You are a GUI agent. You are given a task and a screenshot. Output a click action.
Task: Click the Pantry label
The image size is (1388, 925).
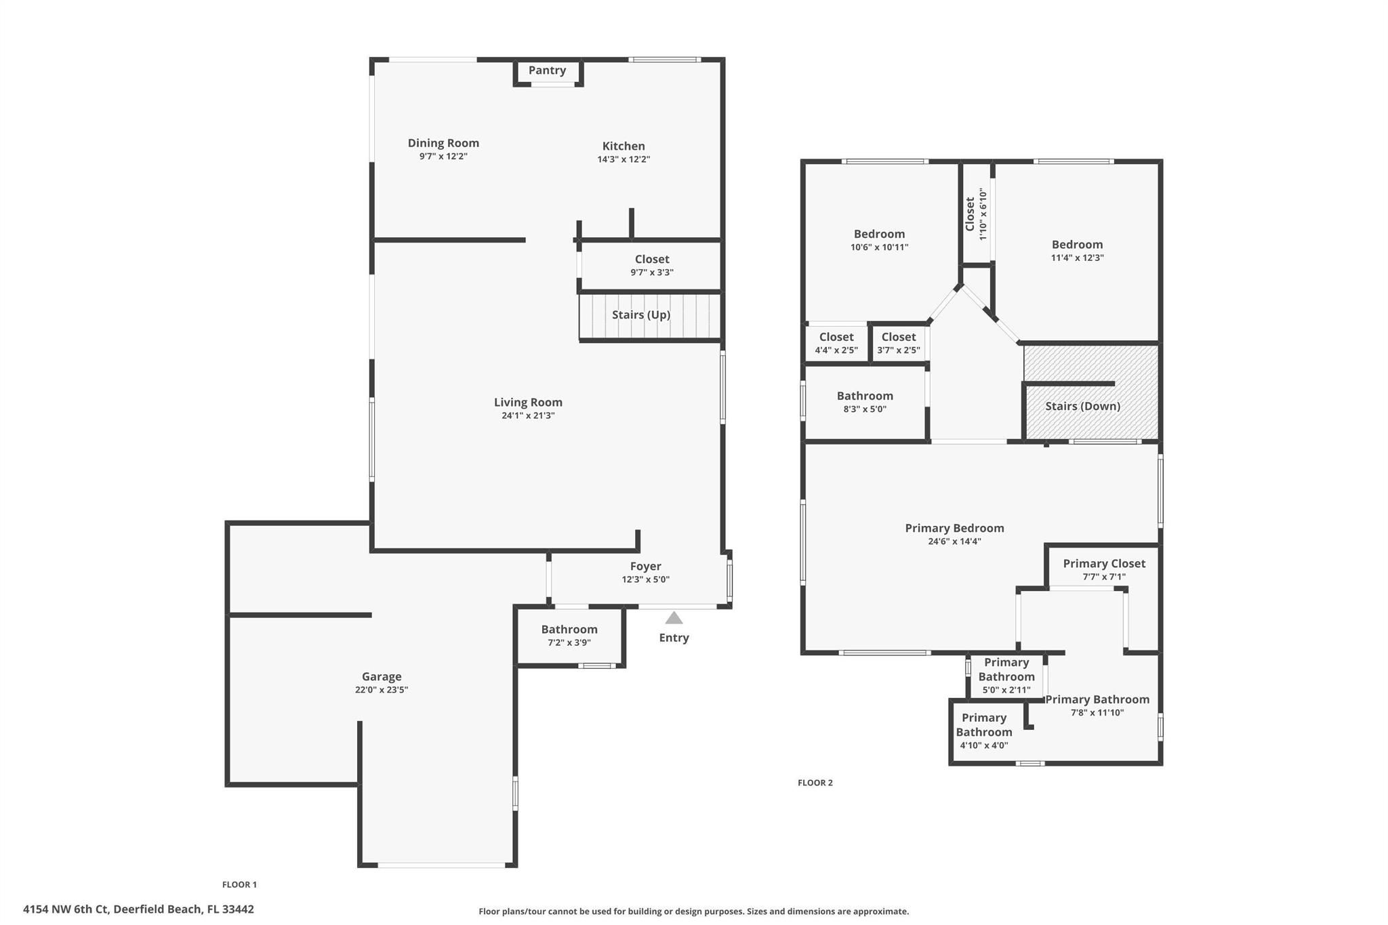point(547,70)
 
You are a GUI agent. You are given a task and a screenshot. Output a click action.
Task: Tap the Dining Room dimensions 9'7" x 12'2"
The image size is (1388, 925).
point(443,157)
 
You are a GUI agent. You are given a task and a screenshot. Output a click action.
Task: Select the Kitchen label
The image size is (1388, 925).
point(624,146)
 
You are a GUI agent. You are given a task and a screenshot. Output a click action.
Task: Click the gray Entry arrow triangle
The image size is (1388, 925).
point(674,618)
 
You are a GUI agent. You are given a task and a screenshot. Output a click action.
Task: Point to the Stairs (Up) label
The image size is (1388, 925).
point(641,315)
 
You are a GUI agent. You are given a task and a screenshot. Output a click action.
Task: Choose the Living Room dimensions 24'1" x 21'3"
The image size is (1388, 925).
point(528,415)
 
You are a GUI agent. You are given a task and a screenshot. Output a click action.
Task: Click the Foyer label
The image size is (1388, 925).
point(645,567)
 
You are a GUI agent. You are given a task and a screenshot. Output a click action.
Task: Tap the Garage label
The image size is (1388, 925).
point(382,677)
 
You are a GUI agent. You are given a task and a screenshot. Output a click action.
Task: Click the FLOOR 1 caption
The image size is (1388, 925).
point(240,884)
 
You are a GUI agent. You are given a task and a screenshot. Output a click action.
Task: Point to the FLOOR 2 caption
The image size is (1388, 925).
point(815,783)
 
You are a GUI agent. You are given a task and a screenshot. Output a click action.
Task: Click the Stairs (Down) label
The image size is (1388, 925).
point(1082,407)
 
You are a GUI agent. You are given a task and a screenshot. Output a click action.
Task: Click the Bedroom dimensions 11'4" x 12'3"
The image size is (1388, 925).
point(1077,258)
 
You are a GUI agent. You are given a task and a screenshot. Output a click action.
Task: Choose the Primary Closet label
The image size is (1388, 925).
point(1104,564)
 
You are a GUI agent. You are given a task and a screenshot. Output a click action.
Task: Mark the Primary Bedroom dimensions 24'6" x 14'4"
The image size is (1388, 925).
point(954,541)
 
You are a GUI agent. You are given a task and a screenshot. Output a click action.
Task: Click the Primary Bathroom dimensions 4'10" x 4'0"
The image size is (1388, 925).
point(984,745)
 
